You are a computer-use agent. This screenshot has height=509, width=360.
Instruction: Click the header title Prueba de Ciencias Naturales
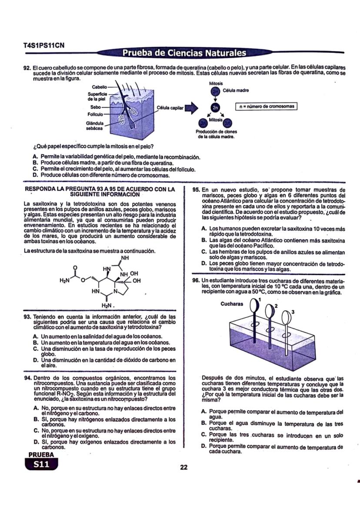click(184, 53)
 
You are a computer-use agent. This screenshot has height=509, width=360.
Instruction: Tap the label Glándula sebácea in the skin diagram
click(94, 125)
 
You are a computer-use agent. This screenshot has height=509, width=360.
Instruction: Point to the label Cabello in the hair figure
click(99, 87)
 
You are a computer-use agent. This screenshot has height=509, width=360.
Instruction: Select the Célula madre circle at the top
click(215, 91)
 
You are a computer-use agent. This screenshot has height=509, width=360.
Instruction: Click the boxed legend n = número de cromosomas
click(267, 106)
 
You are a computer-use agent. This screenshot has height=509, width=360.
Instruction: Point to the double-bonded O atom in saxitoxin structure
click(76, 267)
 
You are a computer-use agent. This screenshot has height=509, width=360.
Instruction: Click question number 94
click(27, 378)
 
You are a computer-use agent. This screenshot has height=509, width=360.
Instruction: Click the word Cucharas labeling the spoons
click(232, 304)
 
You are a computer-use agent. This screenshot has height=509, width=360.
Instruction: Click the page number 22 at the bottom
click(183, 467)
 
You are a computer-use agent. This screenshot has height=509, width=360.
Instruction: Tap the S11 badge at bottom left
click(42, 464)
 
